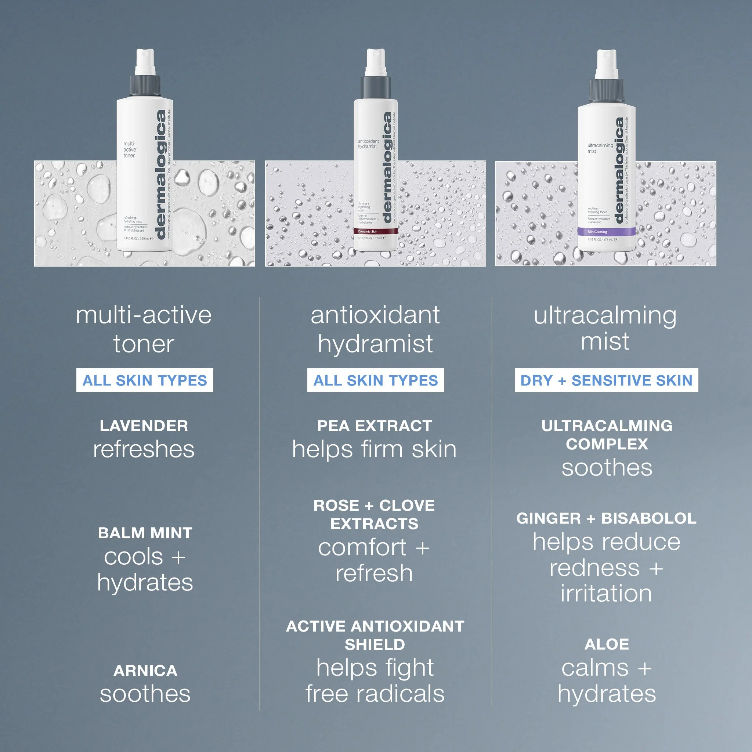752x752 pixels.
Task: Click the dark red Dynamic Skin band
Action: (x=375, y=231)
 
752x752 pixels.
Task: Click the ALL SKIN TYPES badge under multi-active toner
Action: (x=144, y=380)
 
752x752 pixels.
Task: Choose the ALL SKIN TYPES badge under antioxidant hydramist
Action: (x=375, y=380)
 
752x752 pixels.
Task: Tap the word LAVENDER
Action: (x=144, y=426)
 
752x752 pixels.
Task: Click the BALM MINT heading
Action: (x=145, y=533)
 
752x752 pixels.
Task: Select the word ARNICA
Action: (x=145, y=670)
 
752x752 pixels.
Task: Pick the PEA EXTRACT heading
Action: (x=375, y=426)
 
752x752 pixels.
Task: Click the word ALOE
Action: (x=607, y=644)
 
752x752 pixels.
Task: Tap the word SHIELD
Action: (x=375, y=644)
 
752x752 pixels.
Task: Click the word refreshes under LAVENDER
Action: (x=144, y=449)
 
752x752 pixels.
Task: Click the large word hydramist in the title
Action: (x=375, y=344)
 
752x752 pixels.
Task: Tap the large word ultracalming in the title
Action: (x=605, y=315)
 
